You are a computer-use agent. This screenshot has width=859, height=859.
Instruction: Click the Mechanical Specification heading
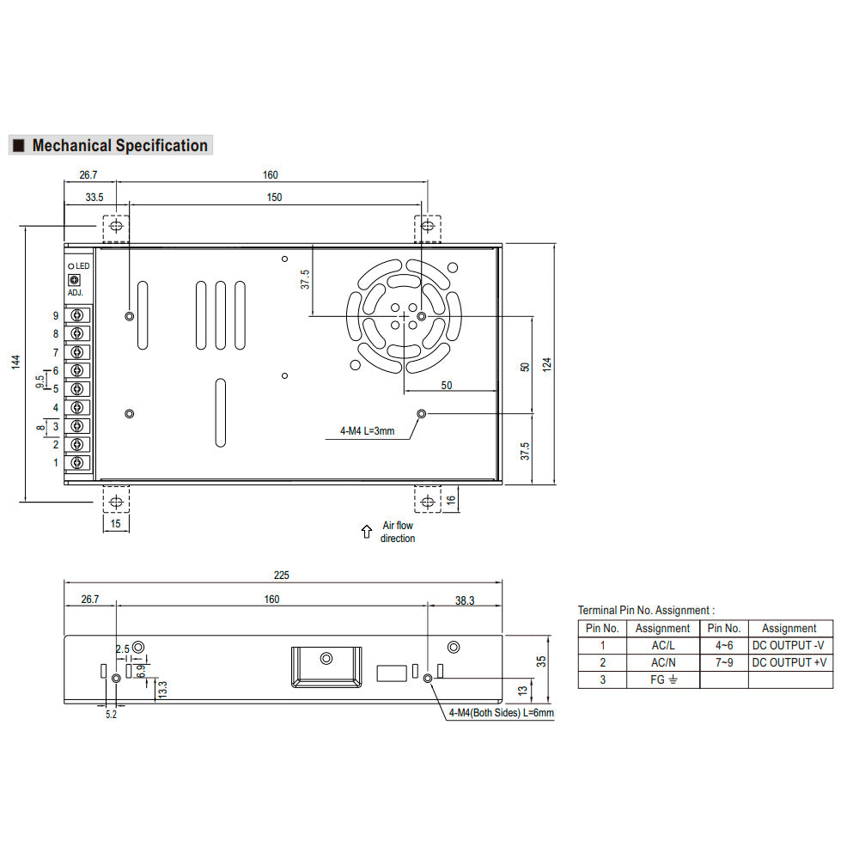[120, 145]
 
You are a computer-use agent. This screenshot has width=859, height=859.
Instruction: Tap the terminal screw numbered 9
[77, 315]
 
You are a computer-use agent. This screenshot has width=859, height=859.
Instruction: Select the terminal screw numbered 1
[77, 463]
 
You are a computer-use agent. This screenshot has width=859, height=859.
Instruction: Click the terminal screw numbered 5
[77, 389]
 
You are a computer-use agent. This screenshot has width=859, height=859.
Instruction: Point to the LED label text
[82, 265]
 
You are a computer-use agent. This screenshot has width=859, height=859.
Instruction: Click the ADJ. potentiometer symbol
[74, 280]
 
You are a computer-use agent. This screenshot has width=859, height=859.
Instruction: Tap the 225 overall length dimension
[281, 576]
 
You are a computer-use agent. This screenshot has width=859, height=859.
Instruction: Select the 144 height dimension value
[15, 362]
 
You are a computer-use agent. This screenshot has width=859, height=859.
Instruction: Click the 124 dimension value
[546, 365]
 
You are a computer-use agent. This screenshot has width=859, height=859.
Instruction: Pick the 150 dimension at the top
[275, 198]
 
